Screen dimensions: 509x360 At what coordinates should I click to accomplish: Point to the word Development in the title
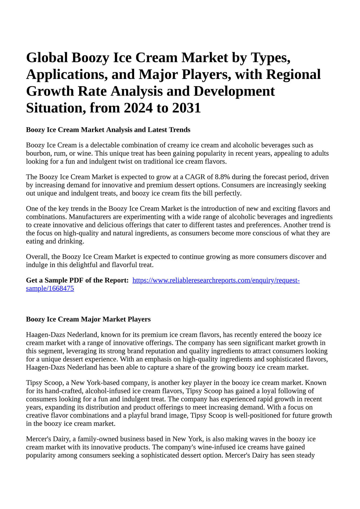point(234,91)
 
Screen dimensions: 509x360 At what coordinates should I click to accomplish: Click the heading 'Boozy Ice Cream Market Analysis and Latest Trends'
point(108,130)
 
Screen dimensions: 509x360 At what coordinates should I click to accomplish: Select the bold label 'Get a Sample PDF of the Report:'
point(77,280)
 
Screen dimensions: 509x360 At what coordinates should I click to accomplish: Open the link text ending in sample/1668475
point(50,289)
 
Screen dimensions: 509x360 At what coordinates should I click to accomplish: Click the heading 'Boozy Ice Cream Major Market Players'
point(88,319)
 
